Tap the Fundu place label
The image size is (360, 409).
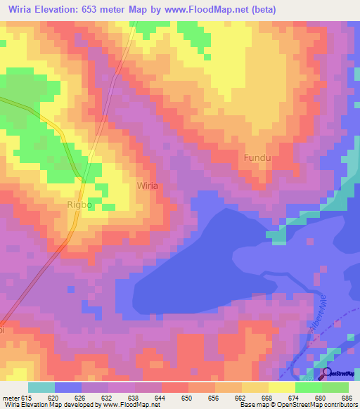[x=257, y=158]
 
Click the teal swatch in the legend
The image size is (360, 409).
[x=41, y=387]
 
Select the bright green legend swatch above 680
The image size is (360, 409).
[x=308, y=387]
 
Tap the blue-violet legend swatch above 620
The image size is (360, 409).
[x=68, y=387]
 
